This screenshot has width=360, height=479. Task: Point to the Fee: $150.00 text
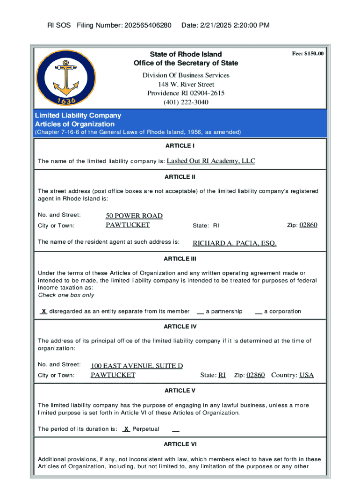coord(308,54)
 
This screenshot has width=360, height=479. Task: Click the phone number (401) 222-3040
coord(186,102)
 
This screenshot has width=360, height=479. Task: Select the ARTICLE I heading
coord(180,145)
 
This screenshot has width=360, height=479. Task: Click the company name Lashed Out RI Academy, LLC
coord(211,161)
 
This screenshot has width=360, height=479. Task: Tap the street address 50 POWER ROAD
coord(134,216)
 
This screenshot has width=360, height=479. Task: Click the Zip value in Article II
coord(308,225)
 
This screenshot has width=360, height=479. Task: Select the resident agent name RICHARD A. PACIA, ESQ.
coord(235,243)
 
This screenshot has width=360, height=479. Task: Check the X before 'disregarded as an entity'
coord(43,311)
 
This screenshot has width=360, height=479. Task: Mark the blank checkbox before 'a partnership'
coord(200,312)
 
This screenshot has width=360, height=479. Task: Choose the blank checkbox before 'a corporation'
coord(258,312)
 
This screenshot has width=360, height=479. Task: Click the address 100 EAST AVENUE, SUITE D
coord(137,366)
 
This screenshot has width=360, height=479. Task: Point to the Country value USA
coord(307,375)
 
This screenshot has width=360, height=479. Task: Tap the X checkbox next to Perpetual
coord(126,429)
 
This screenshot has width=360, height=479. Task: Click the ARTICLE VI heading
coord(180,444)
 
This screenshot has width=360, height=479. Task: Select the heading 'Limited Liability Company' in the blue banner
coord(78,115)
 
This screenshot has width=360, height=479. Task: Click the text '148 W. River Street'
coord(186,84)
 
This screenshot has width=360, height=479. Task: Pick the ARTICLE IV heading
coord(180,326)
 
